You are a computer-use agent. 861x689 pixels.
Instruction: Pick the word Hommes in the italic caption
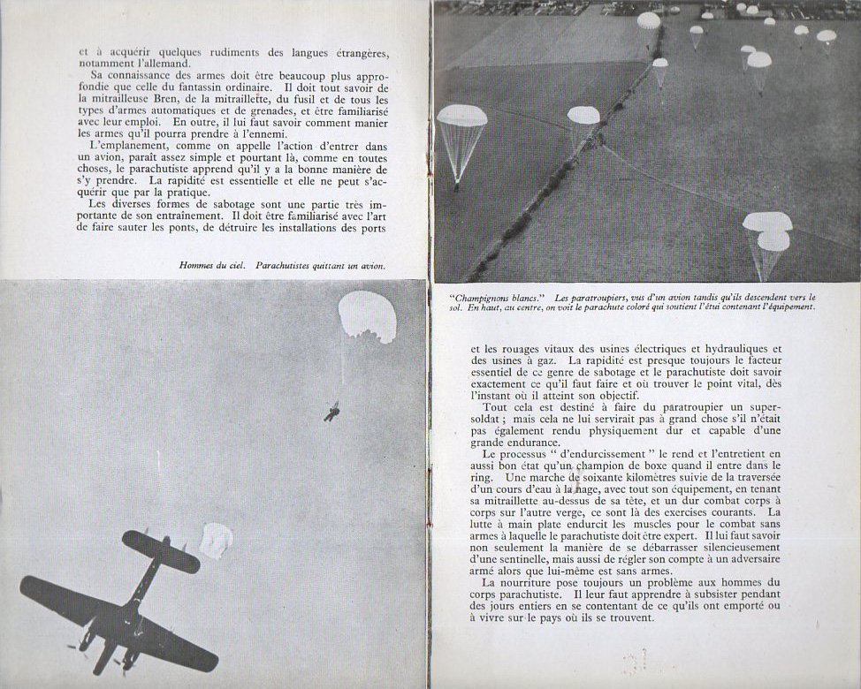197,264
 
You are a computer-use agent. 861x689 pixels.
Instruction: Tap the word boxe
661,466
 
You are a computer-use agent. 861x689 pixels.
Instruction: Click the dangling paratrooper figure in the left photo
332,411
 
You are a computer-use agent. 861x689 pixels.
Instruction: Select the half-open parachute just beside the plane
216,540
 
